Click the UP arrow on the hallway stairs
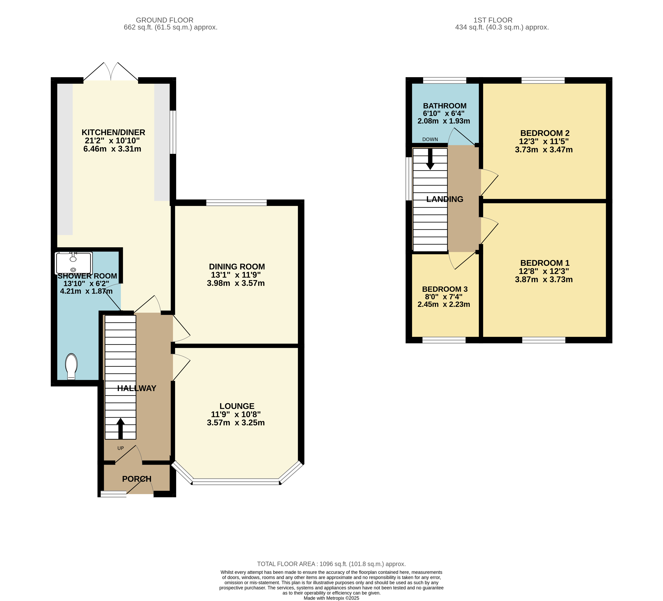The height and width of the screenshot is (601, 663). coord(120,428)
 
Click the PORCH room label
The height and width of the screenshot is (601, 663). coord(137,479)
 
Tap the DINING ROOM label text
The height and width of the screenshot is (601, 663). coord(237,267)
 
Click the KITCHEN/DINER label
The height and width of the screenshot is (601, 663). coord(113,132)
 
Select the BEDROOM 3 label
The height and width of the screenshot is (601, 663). coord(445,289)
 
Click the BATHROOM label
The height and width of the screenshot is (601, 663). coord(445,106)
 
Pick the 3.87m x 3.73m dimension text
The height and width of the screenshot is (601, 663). coord(544,279)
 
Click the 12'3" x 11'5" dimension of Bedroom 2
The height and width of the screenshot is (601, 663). coord(544,142)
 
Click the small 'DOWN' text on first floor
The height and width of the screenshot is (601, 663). coord(430,139)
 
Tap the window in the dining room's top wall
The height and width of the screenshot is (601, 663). coord(237,202)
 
